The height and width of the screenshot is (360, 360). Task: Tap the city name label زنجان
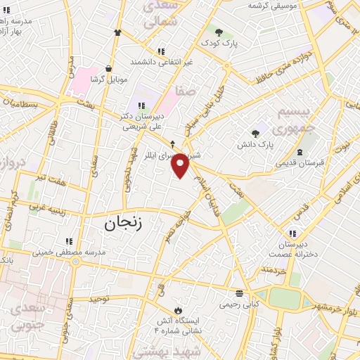tap(123, 224)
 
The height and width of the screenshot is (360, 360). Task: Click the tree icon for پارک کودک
tap(219, 32)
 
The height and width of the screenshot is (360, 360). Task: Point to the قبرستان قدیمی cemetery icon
tap(301, 153)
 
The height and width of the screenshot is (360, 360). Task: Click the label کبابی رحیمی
tap(239, 304)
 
